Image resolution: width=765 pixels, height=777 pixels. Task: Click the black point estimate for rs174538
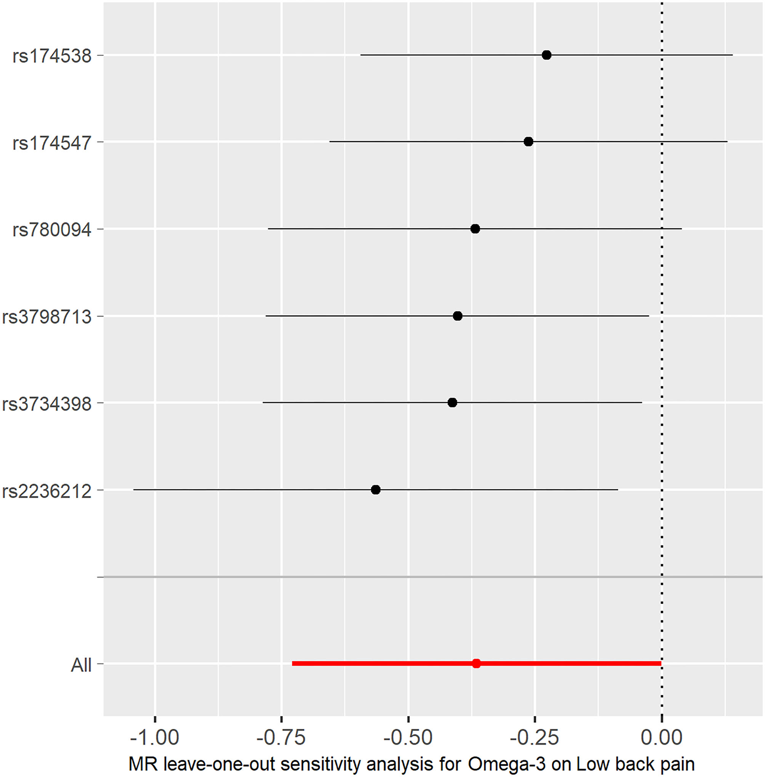pos(547,55)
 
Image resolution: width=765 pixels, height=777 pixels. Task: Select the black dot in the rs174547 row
pos(528,142)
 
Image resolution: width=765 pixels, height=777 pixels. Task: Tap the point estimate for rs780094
pos(475,229)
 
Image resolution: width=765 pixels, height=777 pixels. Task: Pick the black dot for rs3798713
pos(458,316)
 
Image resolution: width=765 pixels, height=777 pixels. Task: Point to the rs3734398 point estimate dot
pos(452,403)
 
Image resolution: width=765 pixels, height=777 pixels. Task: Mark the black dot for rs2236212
pos(376,490)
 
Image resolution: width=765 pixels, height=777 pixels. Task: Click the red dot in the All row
pos(476,663)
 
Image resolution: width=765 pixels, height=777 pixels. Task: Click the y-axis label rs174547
pos(52,143)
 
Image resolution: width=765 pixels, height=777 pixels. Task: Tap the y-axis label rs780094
pos(52,230)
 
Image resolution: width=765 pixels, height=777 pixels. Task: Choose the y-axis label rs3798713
pos(47,317)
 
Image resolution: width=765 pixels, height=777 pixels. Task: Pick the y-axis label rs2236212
pos(47,491)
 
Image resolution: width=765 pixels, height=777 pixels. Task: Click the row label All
pos(81,665)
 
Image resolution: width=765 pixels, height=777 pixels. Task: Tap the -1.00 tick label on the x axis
pos(155,737)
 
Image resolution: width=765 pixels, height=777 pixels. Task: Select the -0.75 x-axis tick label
pos(281,737)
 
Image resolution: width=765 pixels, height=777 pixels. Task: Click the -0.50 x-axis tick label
pos(408,737)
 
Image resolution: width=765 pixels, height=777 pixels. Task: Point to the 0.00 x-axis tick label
pos(661,737)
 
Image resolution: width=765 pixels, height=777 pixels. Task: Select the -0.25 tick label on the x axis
pos(534,737)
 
